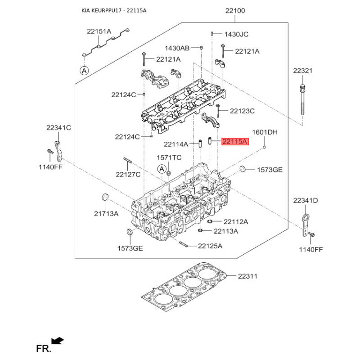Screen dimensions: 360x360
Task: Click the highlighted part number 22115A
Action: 235,142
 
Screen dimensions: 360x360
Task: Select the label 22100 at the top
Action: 235,10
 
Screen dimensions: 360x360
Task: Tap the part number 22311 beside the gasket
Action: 247,276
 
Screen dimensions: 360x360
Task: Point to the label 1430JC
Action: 236,34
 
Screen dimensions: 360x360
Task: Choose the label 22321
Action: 302,71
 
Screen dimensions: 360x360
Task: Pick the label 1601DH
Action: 265,132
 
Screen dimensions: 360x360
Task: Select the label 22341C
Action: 58,128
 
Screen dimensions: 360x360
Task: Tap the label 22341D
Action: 306,200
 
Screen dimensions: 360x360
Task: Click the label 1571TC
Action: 169,157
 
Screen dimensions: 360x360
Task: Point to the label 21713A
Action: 106,214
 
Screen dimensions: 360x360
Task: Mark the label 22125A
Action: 211,246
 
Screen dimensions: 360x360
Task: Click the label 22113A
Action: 225,231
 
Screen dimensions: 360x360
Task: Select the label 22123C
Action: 242,111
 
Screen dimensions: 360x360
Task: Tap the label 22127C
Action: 128,174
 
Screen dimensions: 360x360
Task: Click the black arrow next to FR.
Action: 58,341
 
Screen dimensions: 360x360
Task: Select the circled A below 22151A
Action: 84,70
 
